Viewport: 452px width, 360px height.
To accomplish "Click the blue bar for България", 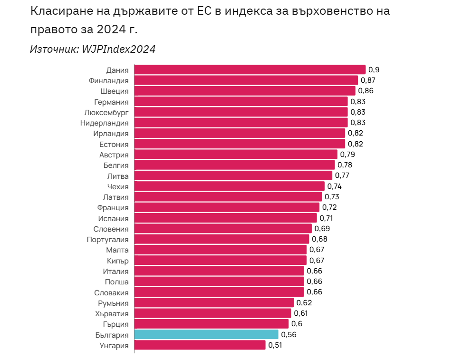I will [206, 335].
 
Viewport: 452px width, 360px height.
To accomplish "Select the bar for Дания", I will [250, 70].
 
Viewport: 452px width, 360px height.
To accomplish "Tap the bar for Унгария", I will [200, 345].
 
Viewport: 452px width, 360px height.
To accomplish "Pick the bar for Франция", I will [227, 207].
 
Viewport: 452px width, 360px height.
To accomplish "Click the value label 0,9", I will [374, 70].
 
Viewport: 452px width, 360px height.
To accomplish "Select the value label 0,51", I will [275, 345].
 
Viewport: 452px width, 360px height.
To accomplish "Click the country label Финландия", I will [108, 80].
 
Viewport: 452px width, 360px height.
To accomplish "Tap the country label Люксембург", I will [106, 112].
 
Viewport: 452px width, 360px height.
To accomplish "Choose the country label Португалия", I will [107, 239].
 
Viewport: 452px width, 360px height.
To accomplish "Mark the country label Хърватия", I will [112, 313].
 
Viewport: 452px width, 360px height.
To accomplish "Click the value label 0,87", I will [368, 80].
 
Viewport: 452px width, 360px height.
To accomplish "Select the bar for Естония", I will [240, 144].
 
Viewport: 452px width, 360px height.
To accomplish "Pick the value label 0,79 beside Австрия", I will [347, 155].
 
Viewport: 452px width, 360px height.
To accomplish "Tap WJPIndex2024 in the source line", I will [119, 49].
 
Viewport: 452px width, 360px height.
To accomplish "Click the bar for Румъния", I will [214, 303].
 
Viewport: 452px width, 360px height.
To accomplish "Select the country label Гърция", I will [115, 324].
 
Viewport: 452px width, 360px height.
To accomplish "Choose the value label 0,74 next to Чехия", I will [335, 186].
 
